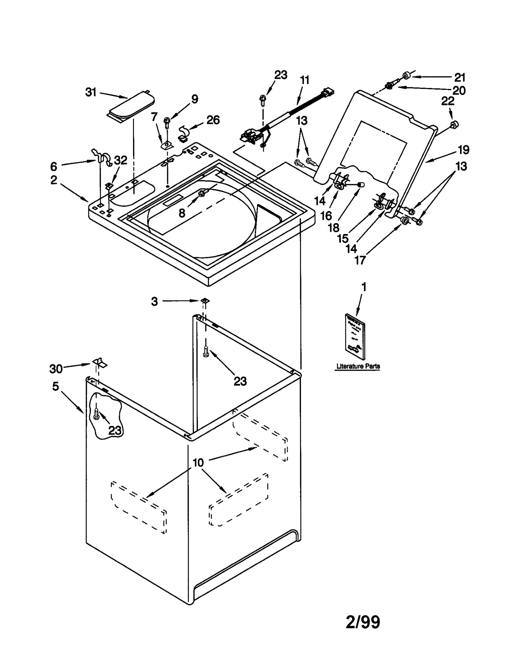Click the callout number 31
point(91,92)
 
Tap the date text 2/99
point(363,622)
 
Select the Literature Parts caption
point(358,366)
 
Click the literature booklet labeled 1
point(355,336)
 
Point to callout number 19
point(463,150)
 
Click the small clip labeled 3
point(204,300)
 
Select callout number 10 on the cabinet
point(198,463)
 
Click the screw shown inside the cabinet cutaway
point(96,414)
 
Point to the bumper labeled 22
point(454,124)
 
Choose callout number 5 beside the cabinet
point(56,386)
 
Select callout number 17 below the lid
point(360,260)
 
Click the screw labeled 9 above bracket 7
point(167,121)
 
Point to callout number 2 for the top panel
point(54,180)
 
